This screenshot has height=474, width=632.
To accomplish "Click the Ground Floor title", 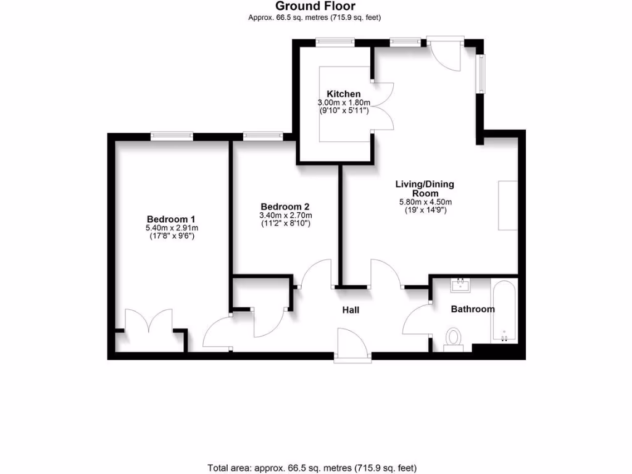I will click(315, 7).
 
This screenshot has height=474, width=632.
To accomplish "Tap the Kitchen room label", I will click(344, 94).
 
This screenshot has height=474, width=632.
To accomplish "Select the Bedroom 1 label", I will click(171, 219).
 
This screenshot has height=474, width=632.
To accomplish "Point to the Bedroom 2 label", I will click(285, 207).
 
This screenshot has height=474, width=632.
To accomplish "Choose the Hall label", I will click(351, 310).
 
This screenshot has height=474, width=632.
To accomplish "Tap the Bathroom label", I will click(472, 309).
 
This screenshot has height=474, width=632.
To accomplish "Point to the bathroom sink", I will click(460, 286).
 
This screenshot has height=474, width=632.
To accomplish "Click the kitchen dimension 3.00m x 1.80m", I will click(344, 102).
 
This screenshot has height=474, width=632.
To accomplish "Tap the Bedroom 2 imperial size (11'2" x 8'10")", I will click(285, 223).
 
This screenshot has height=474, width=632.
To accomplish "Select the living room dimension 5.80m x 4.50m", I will click(425, 202).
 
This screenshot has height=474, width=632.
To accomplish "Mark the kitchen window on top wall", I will click(335, 43).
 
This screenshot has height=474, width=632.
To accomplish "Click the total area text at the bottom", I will click(315, 468).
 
